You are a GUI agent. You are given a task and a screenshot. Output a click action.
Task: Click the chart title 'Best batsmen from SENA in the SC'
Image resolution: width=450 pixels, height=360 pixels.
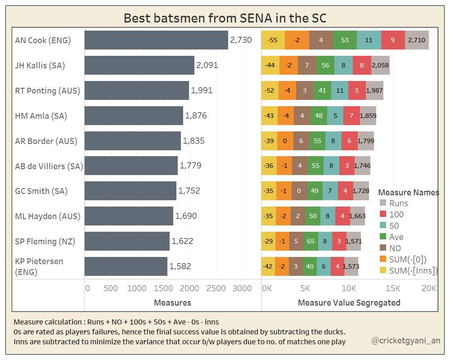tap(225, 18)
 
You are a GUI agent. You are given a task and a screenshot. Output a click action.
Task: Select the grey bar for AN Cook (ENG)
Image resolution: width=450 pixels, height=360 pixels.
tap(156, 40)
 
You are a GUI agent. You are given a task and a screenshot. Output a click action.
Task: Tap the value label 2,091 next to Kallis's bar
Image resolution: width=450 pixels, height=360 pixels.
tap(207, 65)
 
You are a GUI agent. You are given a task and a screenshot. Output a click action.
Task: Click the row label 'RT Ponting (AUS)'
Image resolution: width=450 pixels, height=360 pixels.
tap(47, 90)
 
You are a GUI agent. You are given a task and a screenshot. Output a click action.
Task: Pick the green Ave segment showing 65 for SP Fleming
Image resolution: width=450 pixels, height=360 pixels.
tap(310, 241)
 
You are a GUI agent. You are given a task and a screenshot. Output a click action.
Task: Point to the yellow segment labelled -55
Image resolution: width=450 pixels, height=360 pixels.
tap(273, 40)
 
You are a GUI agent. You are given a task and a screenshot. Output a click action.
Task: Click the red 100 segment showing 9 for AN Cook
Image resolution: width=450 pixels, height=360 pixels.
tap(393, 40)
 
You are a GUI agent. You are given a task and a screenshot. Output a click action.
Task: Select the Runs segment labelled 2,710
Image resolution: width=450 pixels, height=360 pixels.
tap(417, 40)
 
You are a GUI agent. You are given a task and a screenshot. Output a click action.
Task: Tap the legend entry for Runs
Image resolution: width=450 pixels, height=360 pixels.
tap(399, 203)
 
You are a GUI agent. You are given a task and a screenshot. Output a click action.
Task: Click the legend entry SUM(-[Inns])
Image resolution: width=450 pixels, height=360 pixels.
tap(413, 270)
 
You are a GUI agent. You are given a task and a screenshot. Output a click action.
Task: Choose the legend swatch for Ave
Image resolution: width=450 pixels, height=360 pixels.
tap(383, 237)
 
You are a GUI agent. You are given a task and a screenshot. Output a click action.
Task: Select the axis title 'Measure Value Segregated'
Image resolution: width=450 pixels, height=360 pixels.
tap(349, 303)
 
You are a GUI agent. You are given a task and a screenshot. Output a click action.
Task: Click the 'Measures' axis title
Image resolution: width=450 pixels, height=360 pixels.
tap(172, 303)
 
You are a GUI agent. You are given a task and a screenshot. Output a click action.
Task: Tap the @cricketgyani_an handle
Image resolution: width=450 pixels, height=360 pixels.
tap(405, 341)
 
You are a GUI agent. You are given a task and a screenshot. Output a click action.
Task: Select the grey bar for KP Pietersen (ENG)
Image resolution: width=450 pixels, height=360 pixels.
tap(126, 266)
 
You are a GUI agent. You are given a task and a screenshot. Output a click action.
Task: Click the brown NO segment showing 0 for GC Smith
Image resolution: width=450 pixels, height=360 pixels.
tap(299, 191)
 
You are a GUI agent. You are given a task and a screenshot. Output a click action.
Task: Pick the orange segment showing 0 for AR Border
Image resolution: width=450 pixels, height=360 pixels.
tap(285, 141)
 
